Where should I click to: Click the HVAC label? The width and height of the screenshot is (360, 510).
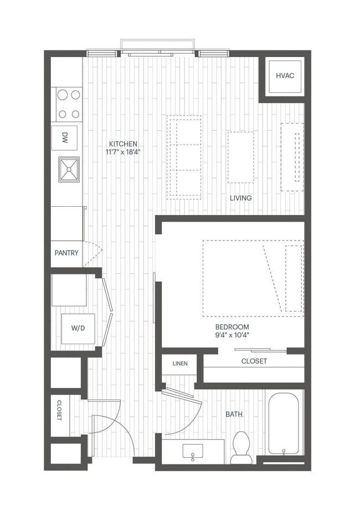click(x=285, y=75)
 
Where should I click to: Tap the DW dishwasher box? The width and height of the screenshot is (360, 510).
click(x=65, y=138)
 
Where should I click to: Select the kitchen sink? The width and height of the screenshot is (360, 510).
click(x=69, y=169)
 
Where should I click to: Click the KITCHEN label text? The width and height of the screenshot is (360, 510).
click(x=123, y=143)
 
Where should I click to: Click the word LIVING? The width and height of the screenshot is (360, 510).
click(x=241, y=198)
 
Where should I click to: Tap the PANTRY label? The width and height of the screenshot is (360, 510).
click(x=66, y=253)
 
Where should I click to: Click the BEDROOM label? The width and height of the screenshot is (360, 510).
click(x=233, y=327)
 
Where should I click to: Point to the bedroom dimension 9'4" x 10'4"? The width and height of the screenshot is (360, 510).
click(x=233, y=335)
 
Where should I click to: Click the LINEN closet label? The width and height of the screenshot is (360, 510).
click(x=179, y=364)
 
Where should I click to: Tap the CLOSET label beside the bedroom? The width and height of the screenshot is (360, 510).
click(x=254, y=361)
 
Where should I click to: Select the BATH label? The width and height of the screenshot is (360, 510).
click(x=234, y=414)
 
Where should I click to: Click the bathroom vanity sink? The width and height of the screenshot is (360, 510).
click(x=193, y=452)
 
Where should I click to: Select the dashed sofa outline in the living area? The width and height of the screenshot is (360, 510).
click(x=185, y=157)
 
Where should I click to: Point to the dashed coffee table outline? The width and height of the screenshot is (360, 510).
click(x=240, y=157)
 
